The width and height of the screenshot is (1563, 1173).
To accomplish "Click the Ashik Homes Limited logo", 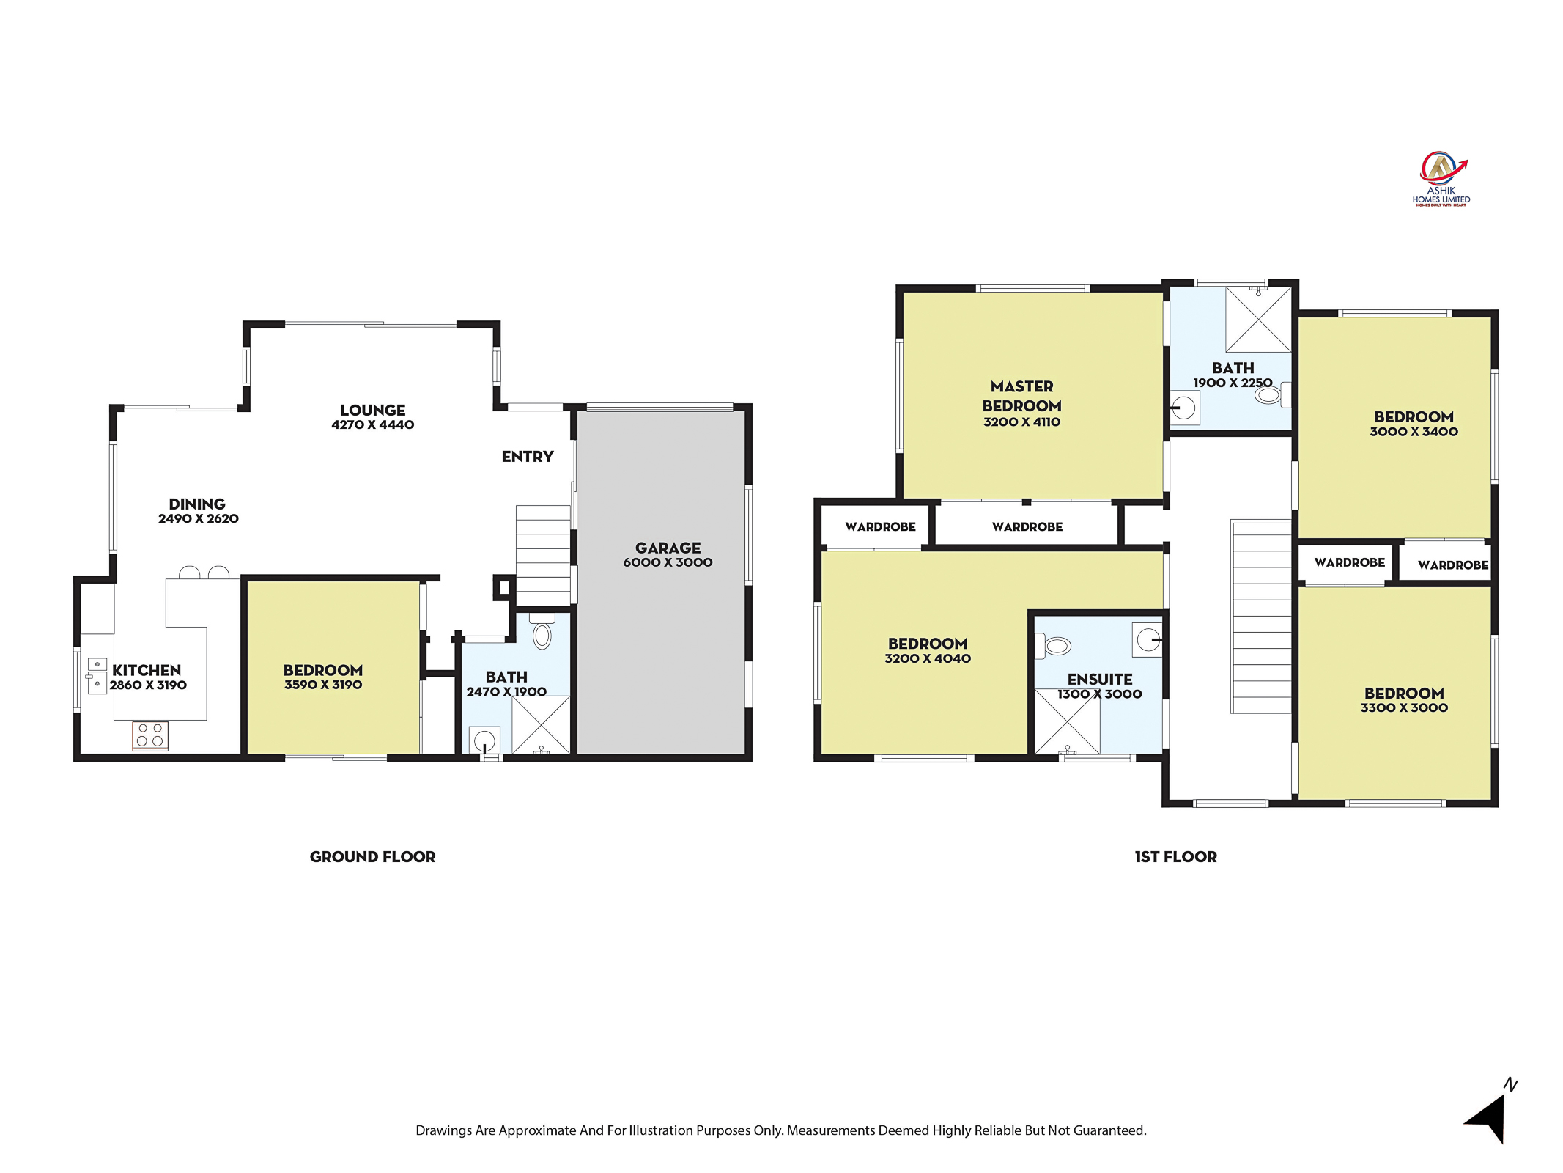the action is [1440, 179].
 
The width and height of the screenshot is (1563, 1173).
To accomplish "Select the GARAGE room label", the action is [668, 548].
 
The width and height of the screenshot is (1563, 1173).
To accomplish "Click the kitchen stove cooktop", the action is [150, 735].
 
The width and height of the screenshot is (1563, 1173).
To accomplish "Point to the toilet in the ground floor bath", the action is [542, 631].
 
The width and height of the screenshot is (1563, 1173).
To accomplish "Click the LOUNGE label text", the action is [372, 411].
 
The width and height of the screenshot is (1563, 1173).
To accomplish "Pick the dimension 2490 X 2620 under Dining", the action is [199, 518].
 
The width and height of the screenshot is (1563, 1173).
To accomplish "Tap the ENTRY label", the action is [528, 457].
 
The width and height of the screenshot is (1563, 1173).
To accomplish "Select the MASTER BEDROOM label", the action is [1021, 396].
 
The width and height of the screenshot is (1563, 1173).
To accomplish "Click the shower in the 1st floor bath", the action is [1258, 319].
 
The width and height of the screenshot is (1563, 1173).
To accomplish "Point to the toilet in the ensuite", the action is [1053, 646].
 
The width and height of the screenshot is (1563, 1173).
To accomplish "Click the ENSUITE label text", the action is [1100, 680].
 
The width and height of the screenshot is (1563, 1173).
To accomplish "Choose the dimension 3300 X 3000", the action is [1404, 707].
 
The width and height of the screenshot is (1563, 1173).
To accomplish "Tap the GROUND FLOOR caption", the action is [372, 856].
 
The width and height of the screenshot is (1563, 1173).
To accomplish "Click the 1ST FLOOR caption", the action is [1175, 856].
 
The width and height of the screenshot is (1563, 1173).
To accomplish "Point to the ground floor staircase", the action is [543, 555].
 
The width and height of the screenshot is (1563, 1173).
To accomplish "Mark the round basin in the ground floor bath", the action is [484, 740].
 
